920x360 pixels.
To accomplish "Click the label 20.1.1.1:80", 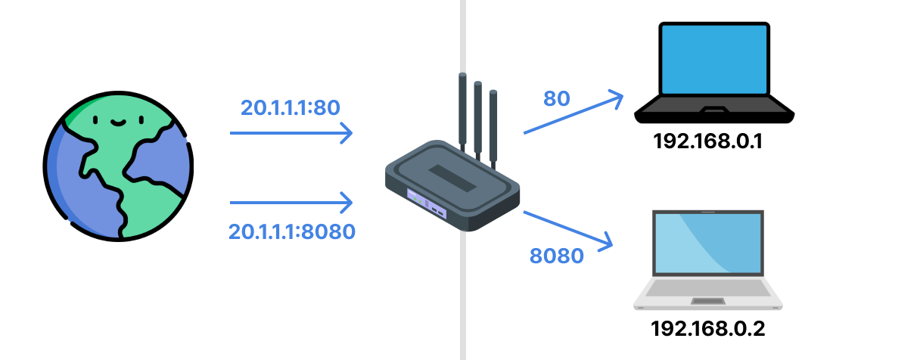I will [x=290, y=108].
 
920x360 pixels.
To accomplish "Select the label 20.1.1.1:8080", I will [x=292, y=231].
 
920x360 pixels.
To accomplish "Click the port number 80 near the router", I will [x=556, y=98].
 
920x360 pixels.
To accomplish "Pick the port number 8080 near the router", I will [x=557, y=256].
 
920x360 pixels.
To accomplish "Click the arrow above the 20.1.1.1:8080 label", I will [x=291, y=203].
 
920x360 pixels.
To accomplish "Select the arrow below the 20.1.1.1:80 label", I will [x=291, y=133].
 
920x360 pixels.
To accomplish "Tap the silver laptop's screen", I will [x=708, y=244].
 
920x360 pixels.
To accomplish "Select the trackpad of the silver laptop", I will [x=707, y=303].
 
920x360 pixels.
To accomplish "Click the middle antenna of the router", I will [x=478, y=117].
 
